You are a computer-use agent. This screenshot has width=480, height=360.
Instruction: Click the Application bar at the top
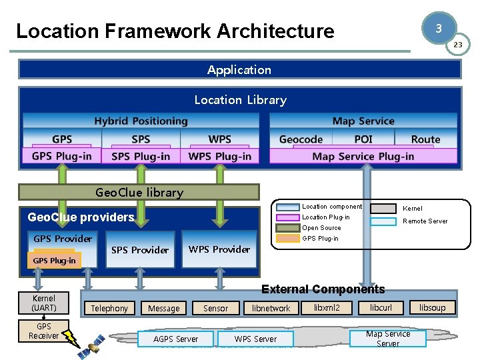(x=239, y=70)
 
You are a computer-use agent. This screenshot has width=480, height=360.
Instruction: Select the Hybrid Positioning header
(x=141, y=121)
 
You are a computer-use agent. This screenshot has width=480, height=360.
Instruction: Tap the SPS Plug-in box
(x=141, y=156)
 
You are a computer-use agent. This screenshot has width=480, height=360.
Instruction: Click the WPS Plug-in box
(x=219, y=156)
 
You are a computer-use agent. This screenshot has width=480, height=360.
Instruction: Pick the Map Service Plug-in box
(x=363, y=156)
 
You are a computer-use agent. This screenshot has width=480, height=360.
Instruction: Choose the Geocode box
(x=301, y=139)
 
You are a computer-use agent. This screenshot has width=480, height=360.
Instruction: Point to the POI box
(x=363, y=139)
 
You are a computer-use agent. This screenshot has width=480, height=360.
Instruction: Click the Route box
(x=425, y=139)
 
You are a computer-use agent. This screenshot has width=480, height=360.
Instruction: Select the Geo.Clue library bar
(x=139, y=193)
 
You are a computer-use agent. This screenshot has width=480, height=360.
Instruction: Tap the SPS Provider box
(x=140, y=250)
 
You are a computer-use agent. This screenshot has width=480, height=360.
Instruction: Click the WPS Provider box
(x=219, y=249)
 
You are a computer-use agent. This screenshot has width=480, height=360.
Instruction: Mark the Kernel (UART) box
(x=44, y=303)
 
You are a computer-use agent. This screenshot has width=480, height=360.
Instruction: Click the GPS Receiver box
(x=44, y=331)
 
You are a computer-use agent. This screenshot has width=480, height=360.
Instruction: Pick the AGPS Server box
(x=176, y=339)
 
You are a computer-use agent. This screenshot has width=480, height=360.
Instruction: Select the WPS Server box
(x=255, y=339)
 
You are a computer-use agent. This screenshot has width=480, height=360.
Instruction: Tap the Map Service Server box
(x=388, y=339)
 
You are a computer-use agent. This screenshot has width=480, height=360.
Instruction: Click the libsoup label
(x=437, y=307)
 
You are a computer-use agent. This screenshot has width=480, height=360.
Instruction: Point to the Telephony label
(x=109, y=308)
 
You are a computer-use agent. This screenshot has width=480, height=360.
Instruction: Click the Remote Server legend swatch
(x=385, y=221)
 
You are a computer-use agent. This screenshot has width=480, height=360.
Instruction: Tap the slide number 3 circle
(x=438, y=29)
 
